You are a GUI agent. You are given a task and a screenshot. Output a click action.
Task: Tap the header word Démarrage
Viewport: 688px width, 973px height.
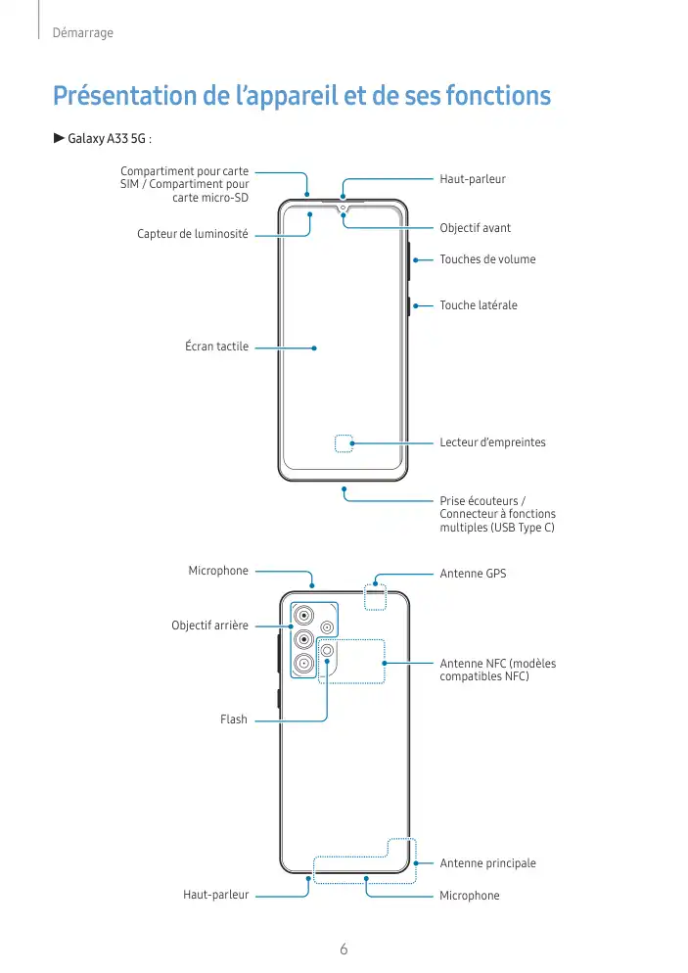click(83, 33)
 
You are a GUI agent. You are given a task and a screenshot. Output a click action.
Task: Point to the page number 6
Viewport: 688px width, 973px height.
click(344, 949)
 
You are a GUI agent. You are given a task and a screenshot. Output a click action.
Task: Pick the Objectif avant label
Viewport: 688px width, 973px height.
click(475, 228)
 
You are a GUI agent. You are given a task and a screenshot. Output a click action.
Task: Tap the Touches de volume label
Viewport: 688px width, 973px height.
click(487, 259)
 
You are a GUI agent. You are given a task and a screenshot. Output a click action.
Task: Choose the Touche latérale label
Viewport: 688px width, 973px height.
click(478, 305)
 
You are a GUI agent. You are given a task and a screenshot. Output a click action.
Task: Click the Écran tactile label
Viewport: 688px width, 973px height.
click(216, 347)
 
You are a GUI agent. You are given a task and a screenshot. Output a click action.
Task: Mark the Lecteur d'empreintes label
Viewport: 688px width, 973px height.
click(492, 442)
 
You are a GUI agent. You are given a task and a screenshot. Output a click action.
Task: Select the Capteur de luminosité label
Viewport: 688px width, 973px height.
click(192, 235)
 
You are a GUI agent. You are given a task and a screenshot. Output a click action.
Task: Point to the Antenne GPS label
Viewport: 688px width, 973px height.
click(473, 573)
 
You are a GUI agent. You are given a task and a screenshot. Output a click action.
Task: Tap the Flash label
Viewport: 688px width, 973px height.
click(234, 719)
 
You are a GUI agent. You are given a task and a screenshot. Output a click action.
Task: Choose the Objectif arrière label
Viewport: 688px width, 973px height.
click(209, 625)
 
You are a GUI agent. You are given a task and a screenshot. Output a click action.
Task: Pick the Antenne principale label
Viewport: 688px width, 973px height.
click(487, 863)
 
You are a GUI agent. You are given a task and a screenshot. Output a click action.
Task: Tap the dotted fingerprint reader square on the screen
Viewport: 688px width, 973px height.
click(344, 443)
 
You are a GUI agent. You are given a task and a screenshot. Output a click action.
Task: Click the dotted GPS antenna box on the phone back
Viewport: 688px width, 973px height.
click(375, 599)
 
